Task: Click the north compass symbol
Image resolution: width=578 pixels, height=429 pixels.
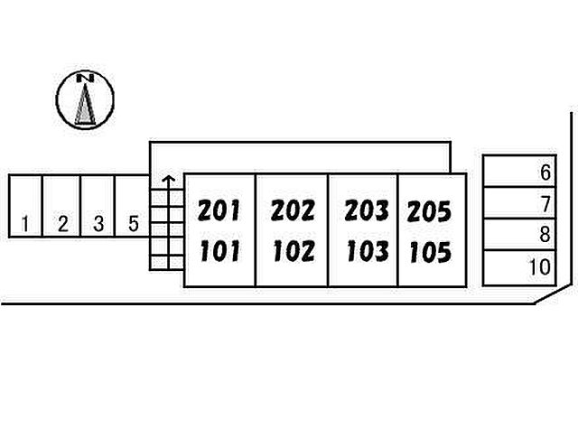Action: tap(85, 99)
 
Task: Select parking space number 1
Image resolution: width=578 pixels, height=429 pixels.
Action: tap(27, 207)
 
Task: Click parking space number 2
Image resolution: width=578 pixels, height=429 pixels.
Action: tap(62, 207)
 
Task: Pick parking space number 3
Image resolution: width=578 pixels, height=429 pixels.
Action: tap(98, 207)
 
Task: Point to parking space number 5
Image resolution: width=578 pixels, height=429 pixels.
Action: tap(134, 207)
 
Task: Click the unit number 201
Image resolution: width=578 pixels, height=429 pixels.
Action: tap(219, 211)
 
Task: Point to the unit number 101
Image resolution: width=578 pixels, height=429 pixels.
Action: tap(219, 250)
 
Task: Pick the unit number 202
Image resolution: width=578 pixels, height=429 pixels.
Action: tap(293, 211)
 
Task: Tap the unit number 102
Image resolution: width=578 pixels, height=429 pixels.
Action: tap(293, 250)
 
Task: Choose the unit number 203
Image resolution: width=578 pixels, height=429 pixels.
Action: tap(367, 211)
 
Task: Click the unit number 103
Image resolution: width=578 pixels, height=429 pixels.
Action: tap(367, 250)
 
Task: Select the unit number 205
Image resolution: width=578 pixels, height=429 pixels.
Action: tap(429, 212)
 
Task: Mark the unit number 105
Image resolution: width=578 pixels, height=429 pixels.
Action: tap(429, 251)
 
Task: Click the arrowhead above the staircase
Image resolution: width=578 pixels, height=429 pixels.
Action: tap(166, 180)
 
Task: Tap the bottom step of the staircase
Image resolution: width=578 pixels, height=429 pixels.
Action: tap(166, 263)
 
